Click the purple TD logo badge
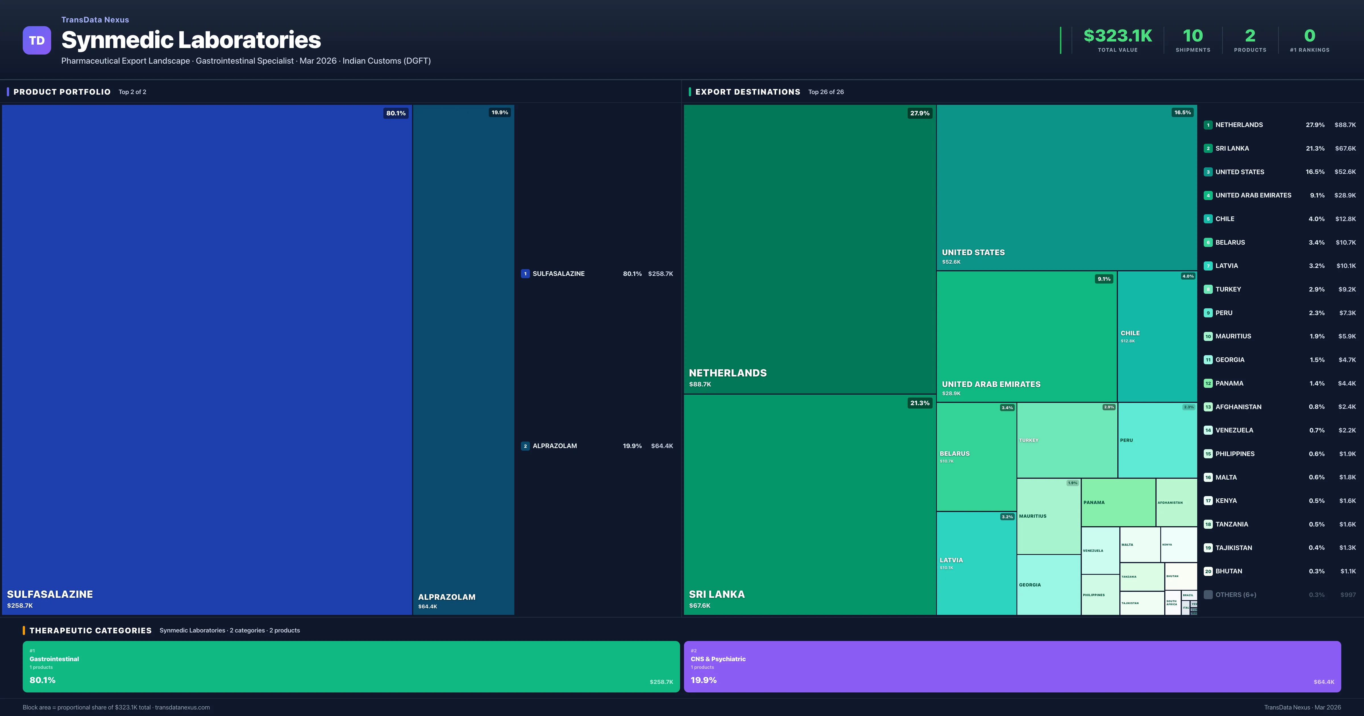(37, 40)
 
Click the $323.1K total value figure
(1117, 36)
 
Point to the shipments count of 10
(1192, 36)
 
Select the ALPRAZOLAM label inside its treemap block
(446, 597)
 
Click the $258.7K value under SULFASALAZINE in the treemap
(20, 605)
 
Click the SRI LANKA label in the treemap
(716, 594)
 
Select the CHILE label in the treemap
(1130, 333)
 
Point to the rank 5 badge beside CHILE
(1208, 219)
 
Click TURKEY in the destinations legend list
(1228, 289)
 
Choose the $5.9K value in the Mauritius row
(1347, 336)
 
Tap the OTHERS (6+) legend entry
(1235, 595)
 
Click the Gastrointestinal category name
(54, 659)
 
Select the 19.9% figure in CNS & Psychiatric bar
(703, 680)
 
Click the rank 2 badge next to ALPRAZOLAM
(525, 446)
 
